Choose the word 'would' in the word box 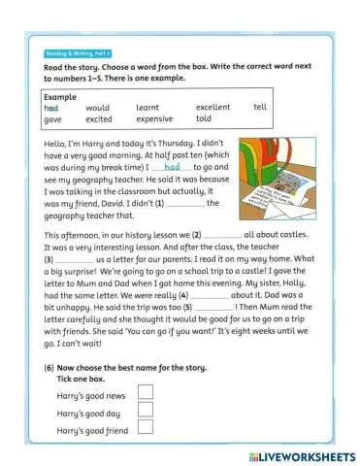click(98, 107)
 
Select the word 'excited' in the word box click(100, 118)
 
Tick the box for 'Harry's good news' click(147, 391)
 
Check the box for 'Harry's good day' click(147, 410)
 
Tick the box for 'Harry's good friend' click(147, 428)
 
